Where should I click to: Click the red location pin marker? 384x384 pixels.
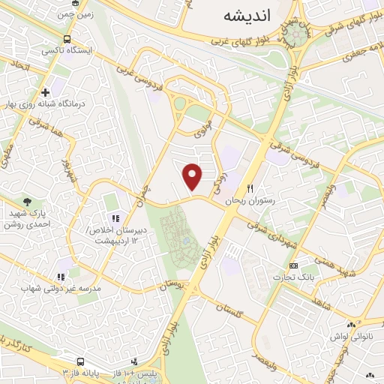tap(193, 176)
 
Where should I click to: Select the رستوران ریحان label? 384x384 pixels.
tap(255, 201)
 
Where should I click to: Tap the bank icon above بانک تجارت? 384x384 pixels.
tap(293, 266)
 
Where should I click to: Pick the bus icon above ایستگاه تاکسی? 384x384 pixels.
tap(67, 39)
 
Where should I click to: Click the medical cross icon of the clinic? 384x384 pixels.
tap(46, 93)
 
